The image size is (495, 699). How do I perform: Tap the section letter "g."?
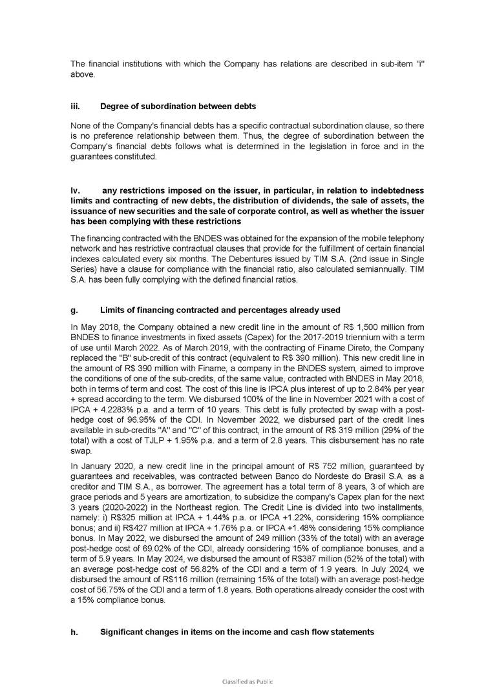tap(73, 310)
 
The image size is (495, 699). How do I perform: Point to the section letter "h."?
tap(73, 632)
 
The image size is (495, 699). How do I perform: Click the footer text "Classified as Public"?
tap(247, 681)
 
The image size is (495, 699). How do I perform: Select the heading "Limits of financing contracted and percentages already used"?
tap(220, 310)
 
